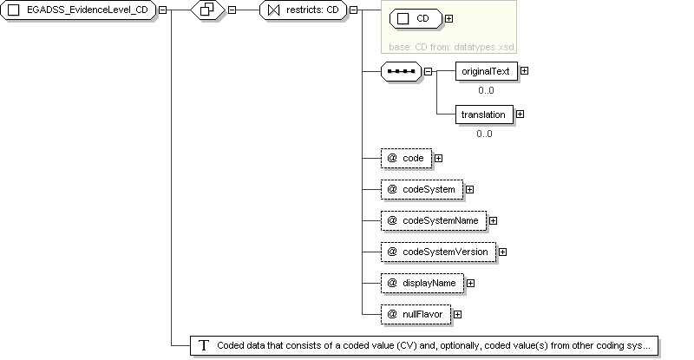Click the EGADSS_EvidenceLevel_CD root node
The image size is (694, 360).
78,10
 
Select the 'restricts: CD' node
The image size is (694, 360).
303,10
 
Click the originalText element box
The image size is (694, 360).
487,71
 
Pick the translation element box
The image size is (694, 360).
484,115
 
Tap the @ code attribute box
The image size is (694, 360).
406,158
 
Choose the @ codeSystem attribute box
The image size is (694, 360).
422,189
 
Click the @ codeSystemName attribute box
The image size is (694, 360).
433,220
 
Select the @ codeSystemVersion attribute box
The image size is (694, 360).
438,252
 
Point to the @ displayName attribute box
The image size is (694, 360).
422,283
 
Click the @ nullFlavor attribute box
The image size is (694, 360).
416,314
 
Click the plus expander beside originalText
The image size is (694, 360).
525,71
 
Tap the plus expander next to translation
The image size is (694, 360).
520,115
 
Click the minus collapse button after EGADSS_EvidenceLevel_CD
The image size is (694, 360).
163,10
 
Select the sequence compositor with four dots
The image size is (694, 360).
401,71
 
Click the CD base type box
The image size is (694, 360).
416,18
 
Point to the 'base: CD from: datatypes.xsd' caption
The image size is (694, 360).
451,47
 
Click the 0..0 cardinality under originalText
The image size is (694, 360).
486,90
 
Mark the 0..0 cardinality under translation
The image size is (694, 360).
484,134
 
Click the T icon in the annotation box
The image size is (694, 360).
204,345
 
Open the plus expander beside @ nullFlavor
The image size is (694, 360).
458,314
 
